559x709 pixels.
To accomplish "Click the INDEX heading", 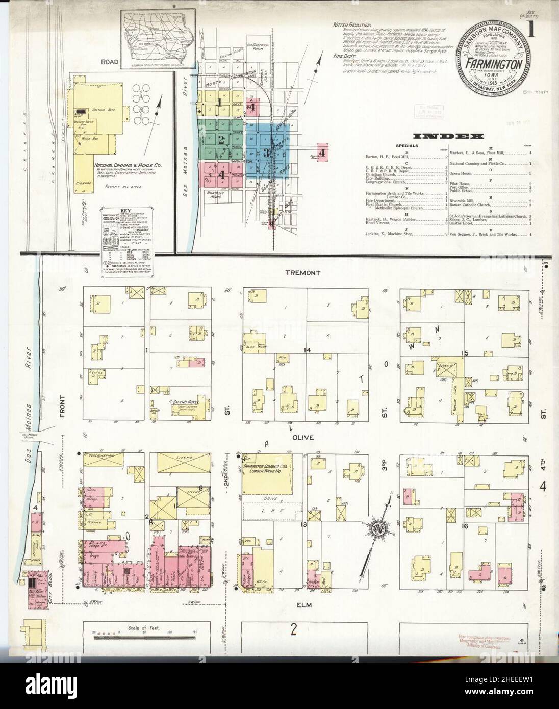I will pyautogui.click(x=448, y=137).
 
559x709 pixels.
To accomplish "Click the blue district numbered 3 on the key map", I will pyautogui.click(x=267, y=153).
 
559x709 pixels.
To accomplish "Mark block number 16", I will pyautogui.click(x=464, y=525).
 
